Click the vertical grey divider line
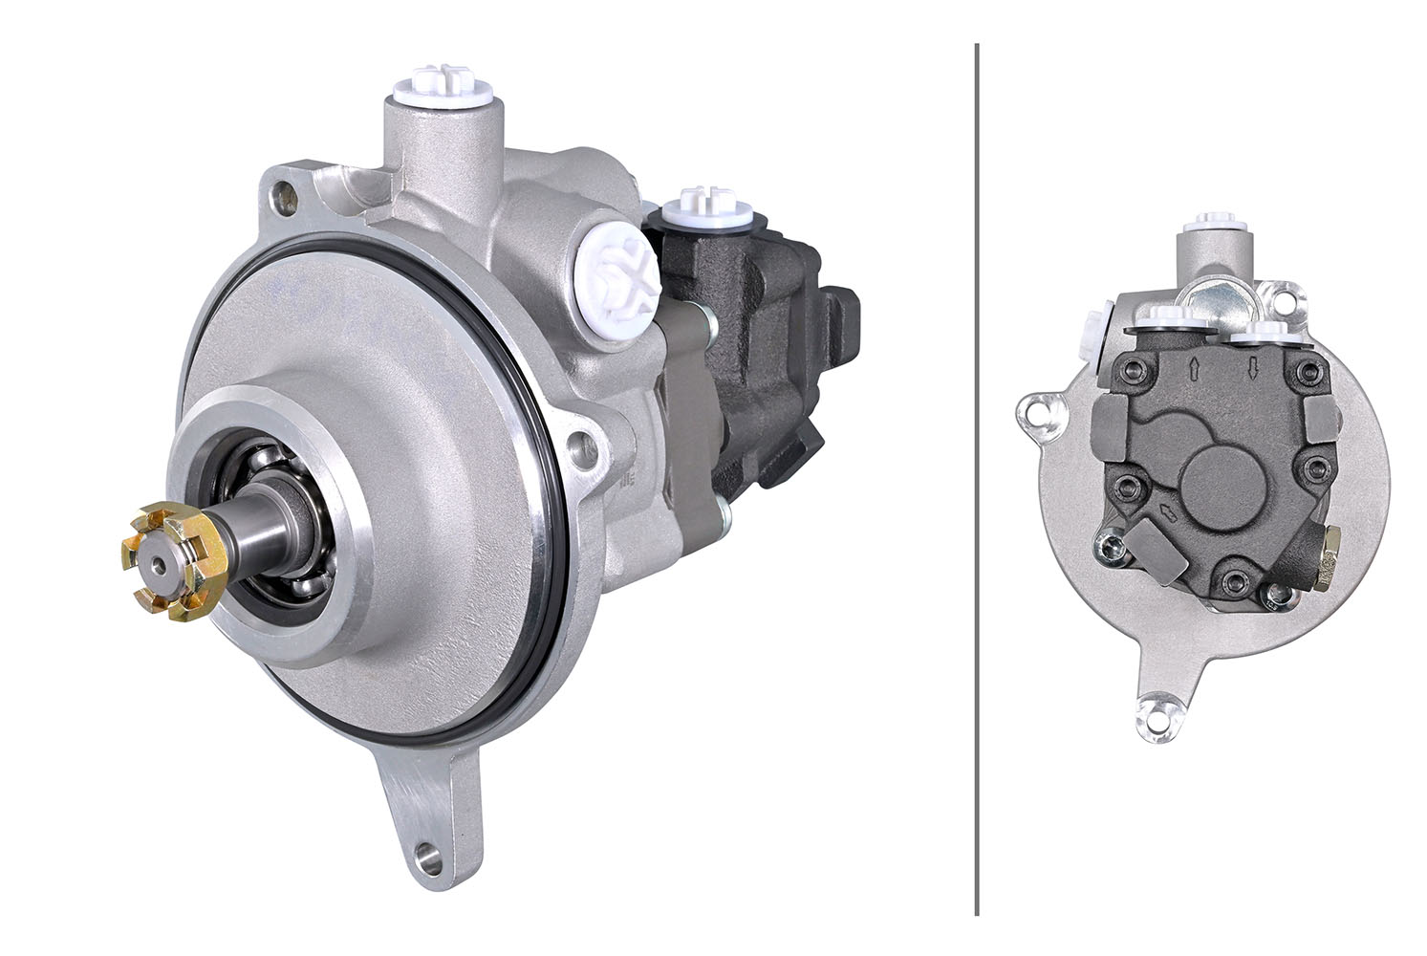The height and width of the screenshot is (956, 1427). coord(976,478)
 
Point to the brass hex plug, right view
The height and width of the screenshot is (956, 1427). coord(1329,568)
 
